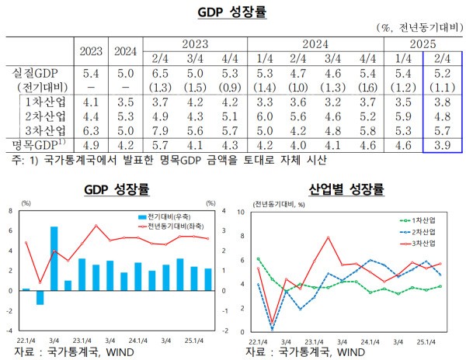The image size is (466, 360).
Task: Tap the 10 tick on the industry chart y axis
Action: coord(242,211)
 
